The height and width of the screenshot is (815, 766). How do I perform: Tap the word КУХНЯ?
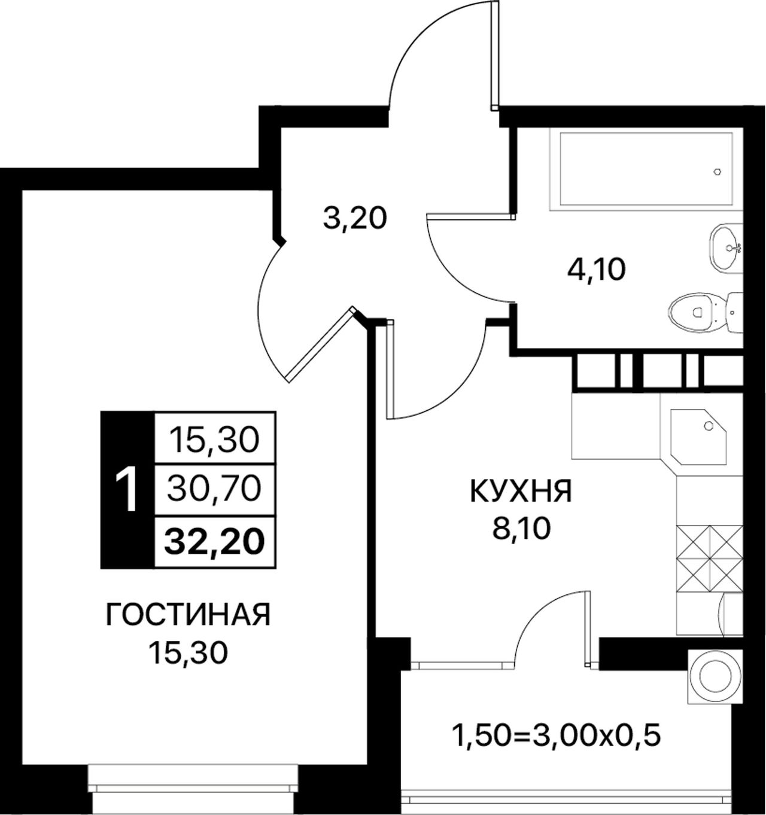[521, 492]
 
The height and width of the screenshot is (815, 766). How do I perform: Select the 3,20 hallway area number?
[355, 219]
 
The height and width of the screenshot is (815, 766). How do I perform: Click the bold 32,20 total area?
[214, 542]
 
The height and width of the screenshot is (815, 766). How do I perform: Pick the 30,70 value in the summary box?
[214, 489]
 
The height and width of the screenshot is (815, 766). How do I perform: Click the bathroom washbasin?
[726, 248]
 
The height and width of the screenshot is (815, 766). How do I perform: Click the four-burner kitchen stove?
[709, 559]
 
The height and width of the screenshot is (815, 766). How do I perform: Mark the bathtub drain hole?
[718, 172]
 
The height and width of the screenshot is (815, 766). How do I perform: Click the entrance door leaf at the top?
[495, 56]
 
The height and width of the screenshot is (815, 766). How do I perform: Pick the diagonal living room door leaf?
[320, 344]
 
